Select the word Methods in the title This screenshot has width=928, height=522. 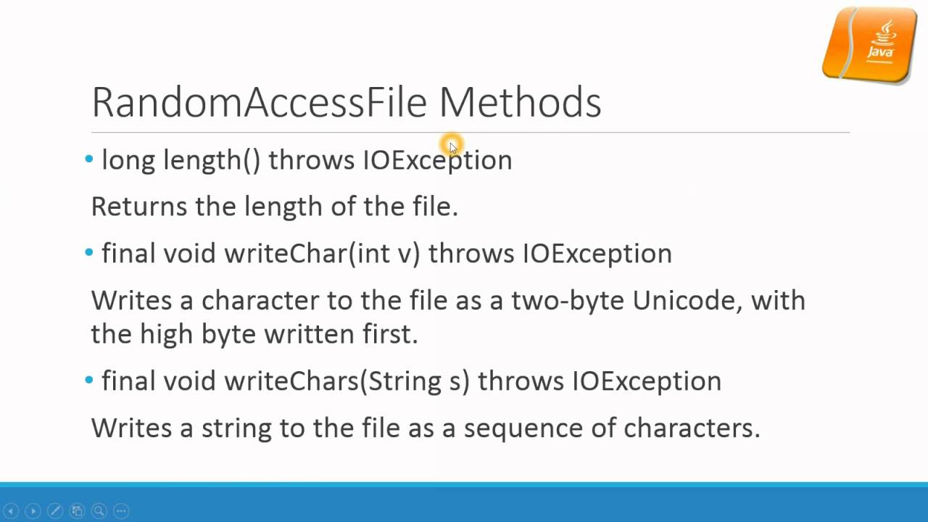[x=520, y=102]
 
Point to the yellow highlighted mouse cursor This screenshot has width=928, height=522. [x=451, y=146]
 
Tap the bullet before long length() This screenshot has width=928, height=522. [x=89, y=159]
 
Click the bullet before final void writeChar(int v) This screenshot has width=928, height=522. [x=89, y=252]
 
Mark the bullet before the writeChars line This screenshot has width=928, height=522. [x=89, y=380]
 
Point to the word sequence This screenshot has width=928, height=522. [x=523, y=428]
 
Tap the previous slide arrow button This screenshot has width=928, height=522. [x=10, y=510]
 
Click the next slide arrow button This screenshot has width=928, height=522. [x=33, y=510]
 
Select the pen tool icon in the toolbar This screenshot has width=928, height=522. [x=55, y=510]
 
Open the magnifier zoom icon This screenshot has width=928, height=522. [x=99, y=510]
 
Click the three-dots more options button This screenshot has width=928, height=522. [x=121, y=510]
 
